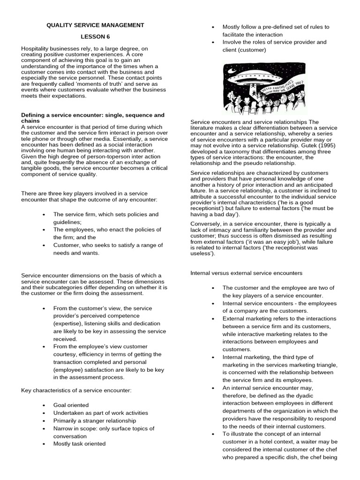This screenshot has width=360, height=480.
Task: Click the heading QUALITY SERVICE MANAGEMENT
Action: click(95, 25)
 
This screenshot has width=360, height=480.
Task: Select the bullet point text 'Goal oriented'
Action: click(71, 405)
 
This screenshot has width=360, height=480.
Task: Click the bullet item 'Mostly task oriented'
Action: click(79, 443)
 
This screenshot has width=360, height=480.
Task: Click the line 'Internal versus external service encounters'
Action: click(246, 272)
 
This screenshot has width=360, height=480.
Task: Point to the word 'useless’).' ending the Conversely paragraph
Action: click(203, 254)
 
